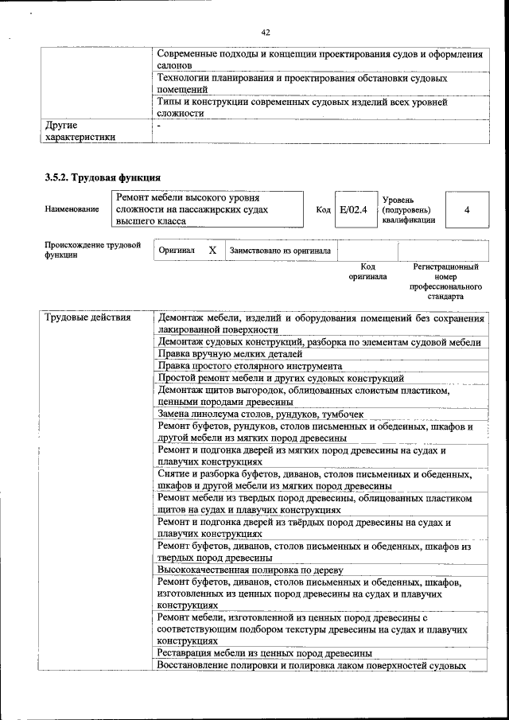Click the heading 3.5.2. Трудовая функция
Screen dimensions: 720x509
[x=103, y=177]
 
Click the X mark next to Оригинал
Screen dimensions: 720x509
[x=212, y=250]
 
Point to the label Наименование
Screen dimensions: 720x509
[x=72, y=209]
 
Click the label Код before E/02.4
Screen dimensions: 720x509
[x=323, y=210]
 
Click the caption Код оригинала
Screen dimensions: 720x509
[x=367, y=272]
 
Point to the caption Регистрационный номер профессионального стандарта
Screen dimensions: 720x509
[x=445, y=282]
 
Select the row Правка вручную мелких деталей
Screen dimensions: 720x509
[x=230, y=353]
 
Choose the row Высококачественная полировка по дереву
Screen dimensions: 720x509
[x=250, y=570]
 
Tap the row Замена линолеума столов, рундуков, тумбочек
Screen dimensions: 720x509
[x=261, y=414]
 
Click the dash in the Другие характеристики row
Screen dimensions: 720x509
[x=159, y=126]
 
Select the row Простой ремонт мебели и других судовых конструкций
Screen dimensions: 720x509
[x=281, y=378]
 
